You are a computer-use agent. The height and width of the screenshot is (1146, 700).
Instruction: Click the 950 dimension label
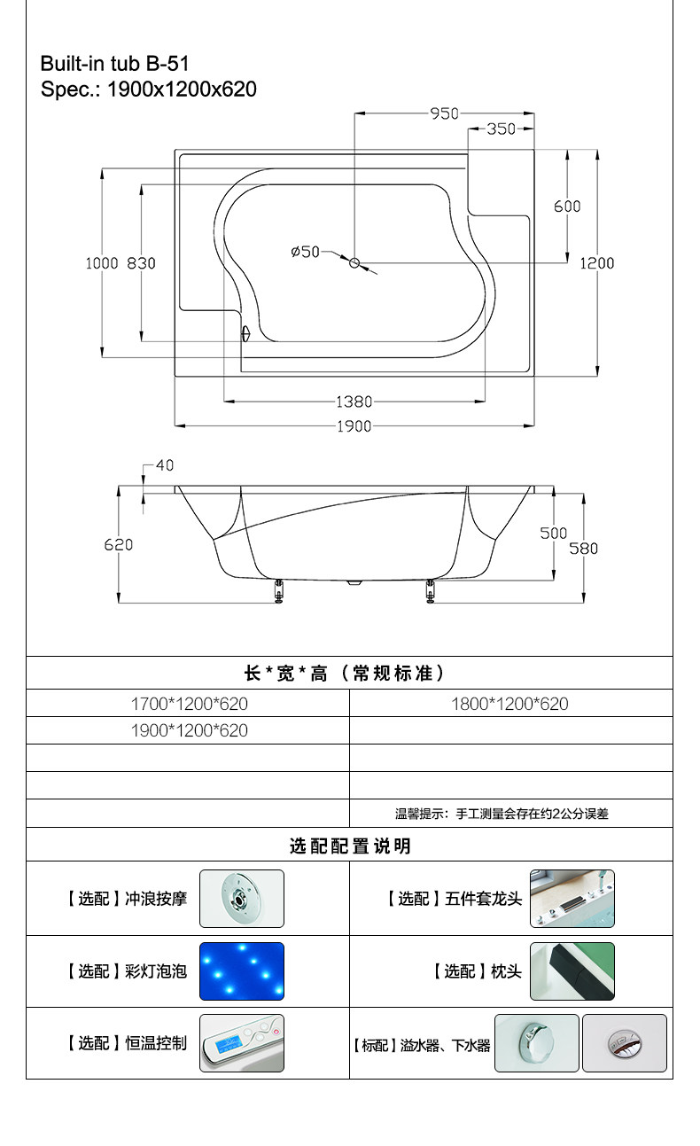click(444, 113)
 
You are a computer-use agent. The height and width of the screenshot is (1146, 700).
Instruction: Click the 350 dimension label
click(501, 129)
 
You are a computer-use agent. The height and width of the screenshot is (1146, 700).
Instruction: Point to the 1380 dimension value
click(354, 401)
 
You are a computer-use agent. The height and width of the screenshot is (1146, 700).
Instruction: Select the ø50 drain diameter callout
click(305, 252)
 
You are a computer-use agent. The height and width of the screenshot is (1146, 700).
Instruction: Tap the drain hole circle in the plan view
click(354, 263)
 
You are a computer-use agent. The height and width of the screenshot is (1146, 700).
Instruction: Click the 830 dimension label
click(141, 263)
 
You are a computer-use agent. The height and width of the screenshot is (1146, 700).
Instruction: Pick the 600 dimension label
click(567, 207)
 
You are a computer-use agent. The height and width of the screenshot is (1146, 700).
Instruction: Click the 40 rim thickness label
click(165, 465)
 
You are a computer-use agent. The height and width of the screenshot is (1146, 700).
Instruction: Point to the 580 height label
click(583, 549)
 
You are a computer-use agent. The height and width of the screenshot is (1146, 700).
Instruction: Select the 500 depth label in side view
click(553, 533)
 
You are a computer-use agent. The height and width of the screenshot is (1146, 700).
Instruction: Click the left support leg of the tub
click(278, 591)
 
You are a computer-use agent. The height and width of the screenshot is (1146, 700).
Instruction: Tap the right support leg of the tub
click(430, 591)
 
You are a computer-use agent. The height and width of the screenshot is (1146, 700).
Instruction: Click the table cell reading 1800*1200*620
click(509, 704)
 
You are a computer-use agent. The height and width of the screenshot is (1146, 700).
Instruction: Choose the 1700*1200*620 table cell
click(190, 704)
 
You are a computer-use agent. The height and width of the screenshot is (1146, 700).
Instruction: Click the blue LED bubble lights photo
click(242, 971)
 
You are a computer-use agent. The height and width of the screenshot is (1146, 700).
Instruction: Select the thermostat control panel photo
click(242, 1042)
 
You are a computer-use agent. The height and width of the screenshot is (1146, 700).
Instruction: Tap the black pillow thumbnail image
click(572, 971)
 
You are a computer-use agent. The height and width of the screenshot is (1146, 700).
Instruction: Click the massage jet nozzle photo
click(242, 899)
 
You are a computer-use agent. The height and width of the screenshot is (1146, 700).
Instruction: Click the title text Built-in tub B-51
click(115, 64)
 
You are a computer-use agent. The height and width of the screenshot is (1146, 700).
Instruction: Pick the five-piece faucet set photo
click(572, 899)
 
